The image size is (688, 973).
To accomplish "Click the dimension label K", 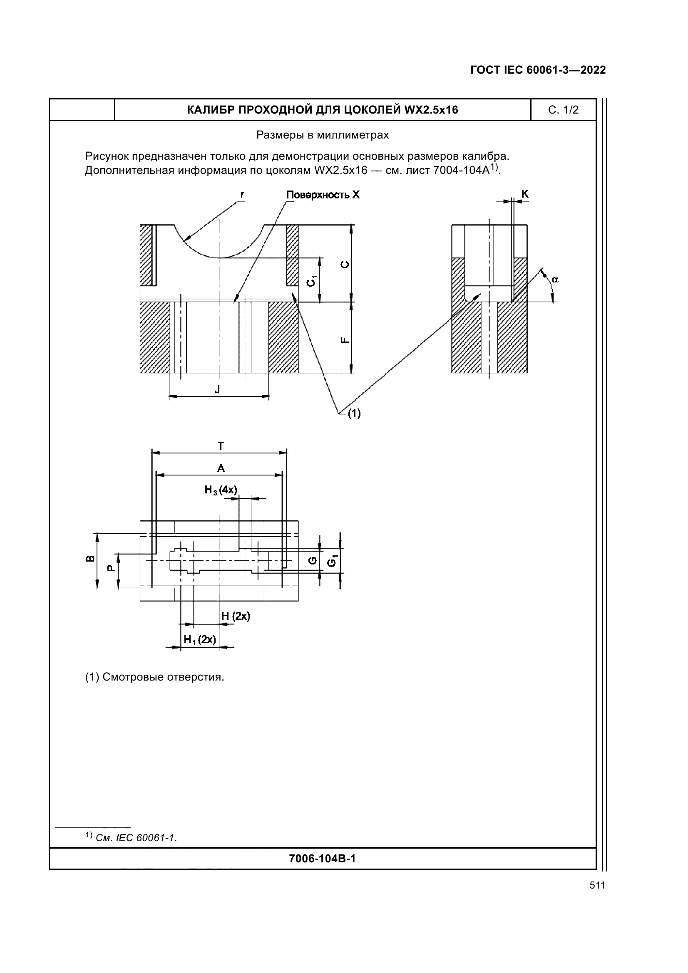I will click(x=524, y=194).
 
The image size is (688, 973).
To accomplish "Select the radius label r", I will click(x=242, y=194).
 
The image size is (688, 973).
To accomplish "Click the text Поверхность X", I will click(x=323, y=195).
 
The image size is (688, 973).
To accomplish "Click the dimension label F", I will click(x=345, y=339).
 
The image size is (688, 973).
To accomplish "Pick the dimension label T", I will click(x=221, y=446).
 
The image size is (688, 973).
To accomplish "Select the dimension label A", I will click(x=221, y=468).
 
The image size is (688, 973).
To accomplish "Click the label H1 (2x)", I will click(x=200, y=639).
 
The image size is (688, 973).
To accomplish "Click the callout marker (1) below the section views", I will click(x=354, y=413).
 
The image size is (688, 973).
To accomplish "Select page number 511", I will click(x=597, y=885).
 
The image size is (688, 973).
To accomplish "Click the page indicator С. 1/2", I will click(x=563, y=110).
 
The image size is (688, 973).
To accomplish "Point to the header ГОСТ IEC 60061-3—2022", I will click(x=538, y=70).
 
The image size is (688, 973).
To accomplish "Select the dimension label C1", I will click(x=312, y=280).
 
